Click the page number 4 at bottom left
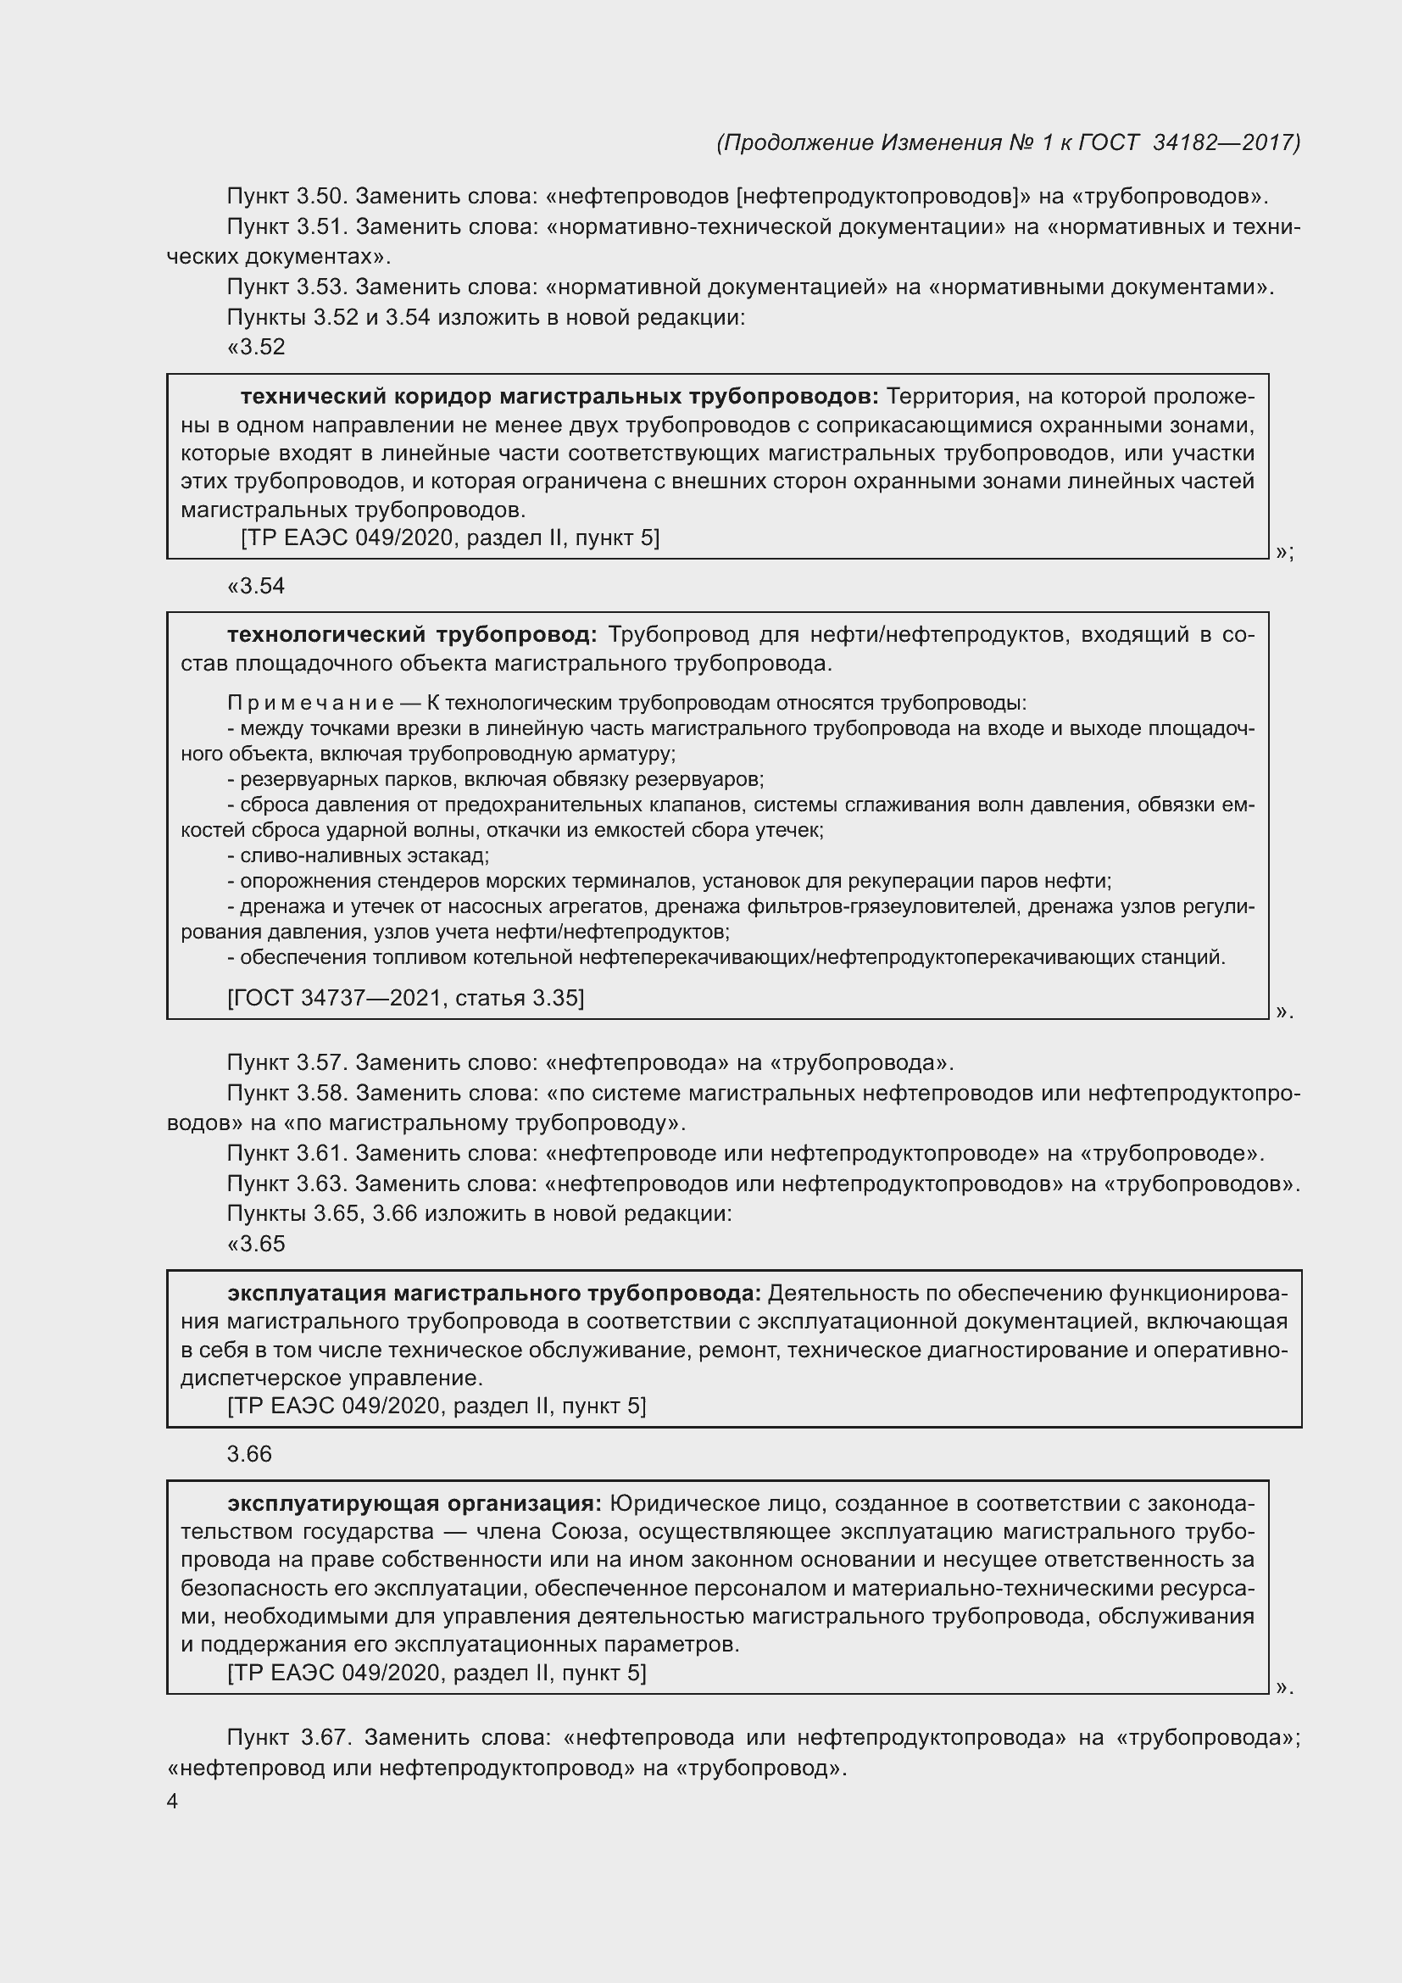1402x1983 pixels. (x=172, y=1802)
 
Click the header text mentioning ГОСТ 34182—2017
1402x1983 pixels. (x=1008, y=142)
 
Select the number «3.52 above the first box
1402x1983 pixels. (x=256, y=348)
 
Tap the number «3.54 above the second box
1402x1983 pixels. (x=256, y=587)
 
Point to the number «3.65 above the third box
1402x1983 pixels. (x=256, y=1244)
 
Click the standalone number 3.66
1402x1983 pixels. (x=249, y=1455)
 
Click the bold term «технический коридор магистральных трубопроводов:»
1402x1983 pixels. (x=559, y=397)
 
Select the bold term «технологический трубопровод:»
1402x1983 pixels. (x=412, y=635)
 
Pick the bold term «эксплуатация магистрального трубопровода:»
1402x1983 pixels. (x=494, y=1293)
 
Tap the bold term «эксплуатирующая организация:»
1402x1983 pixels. (x=414, y=1504)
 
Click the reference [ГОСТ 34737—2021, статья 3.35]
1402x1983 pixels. (x=405, y=999)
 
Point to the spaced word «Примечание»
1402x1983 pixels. (x=310, y=703)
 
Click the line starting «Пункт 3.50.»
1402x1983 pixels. (x=747, y=197)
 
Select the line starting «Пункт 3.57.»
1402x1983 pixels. (x=590, y=1062)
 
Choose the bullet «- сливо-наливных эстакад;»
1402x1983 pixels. (x=359, y=856)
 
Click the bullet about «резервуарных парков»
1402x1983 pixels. (x=496, y=780)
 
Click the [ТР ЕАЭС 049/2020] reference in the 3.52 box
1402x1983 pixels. (x=449, y=538)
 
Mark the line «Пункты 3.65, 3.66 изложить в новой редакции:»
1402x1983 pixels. (x=479, y=1213)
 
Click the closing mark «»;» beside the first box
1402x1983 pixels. (x=1283, y=552)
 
